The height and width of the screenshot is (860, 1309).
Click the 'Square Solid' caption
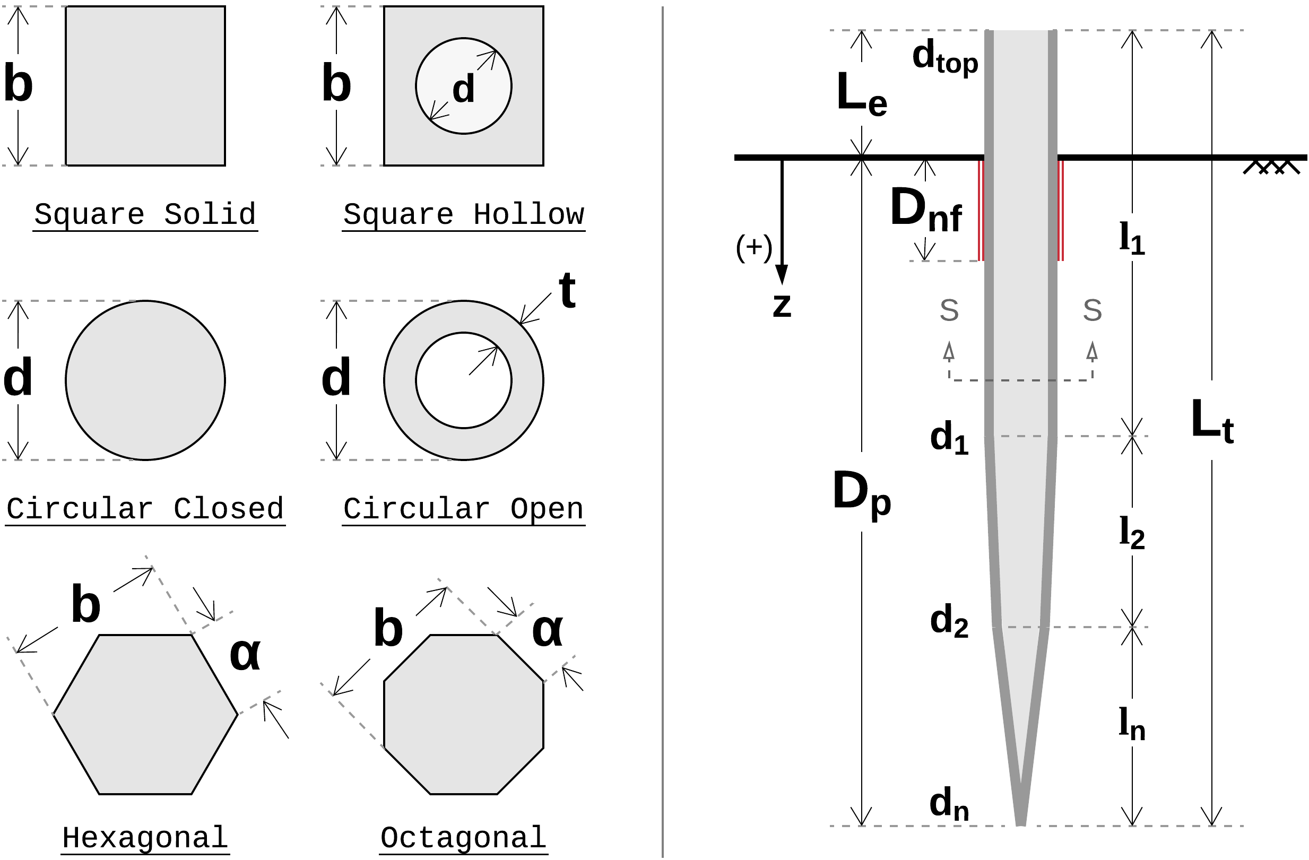145,214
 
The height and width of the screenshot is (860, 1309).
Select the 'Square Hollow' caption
463,214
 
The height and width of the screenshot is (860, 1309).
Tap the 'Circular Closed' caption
145,509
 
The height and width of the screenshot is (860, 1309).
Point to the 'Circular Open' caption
463,509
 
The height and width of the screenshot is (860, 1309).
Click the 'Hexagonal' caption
145,838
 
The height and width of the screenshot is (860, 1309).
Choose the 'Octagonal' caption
463,838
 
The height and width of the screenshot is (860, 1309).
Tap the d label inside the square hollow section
463,89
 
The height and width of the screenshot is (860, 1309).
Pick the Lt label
1212,421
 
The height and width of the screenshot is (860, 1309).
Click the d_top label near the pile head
945,58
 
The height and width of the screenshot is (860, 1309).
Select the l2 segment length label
1132,533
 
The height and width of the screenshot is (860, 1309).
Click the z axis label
782,305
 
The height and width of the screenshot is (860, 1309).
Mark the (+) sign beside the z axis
754,248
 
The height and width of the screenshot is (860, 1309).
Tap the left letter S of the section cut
949,311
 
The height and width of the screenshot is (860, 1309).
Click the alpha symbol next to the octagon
547,630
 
